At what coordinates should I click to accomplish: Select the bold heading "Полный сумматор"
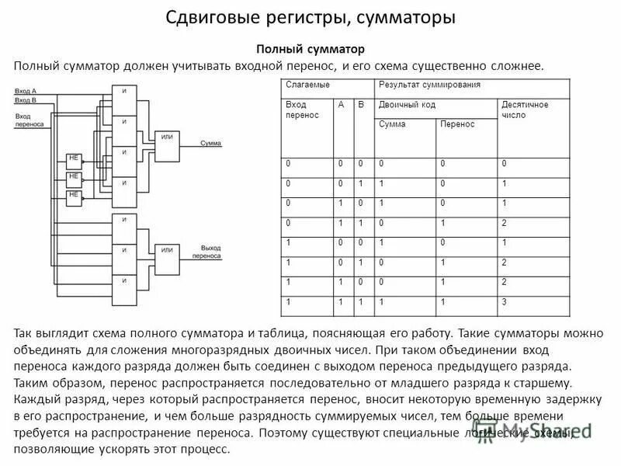310,49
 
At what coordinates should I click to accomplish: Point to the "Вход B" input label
26,100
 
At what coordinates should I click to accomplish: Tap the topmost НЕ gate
75,158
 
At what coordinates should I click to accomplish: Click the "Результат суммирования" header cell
429,85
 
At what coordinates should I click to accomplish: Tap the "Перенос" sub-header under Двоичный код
457,125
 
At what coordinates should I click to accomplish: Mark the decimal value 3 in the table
504,301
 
